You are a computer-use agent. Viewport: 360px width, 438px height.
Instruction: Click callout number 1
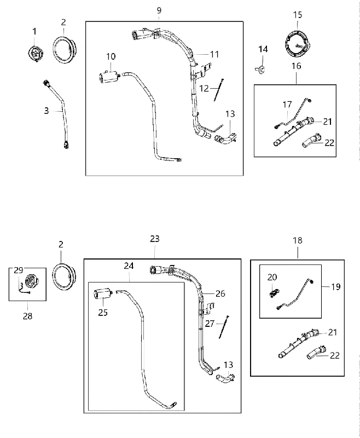pyautogui.click(x=34, y=32)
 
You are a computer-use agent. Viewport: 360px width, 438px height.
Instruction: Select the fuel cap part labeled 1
pyautogui.click(x=35, y=54)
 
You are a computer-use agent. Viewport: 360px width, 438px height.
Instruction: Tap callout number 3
pyautogui.click(x=47, y=111)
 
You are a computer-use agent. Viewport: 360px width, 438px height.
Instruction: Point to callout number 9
pyautogui.click(x=159, y=10)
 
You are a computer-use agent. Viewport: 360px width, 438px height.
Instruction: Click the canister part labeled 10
pyautogui.click(x=109, y=77)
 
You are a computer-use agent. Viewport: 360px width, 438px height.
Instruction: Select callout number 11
pyautogui.click(x=214, y=54)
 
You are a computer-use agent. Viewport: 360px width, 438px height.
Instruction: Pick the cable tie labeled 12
pyautogui.click(x=219, y=90)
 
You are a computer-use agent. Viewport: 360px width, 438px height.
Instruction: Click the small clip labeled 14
pyautogui.click(x=261, y=70)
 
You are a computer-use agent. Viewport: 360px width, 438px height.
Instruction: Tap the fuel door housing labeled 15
pyautogui.click(x=298, y=44)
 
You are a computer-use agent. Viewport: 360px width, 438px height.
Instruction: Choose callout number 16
pyautogui.click(x=297, y=66)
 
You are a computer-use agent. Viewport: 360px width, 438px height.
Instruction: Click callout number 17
pyautogui.click(x=287, y=105)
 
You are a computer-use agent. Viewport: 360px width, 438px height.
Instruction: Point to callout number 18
pyautogui.click(x=298, y=240)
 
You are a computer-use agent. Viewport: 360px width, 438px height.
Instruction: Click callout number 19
pyautogui.click(x=336, y=287)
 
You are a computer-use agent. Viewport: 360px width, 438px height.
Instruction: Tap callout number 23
pyautogui.click(x=155, y=239)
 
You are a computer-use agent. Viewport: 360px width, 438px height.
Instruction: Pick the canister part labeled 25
pyautogui.click(x=102, y=294)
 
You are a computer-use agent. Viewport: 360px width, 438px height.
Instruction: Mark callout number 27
pyautogui.click(x=210, y=324)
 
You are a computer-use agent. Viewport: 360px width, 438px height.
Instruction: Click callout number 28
pyautogui.click(x=27, y=316)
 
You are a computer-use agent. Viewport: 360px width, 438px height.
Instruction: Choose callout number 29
pyautogui.click(x=19, y=270)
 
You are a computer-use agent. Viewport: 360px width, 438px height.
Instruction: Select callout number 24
pyautogui.click(x=129, y=266)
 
